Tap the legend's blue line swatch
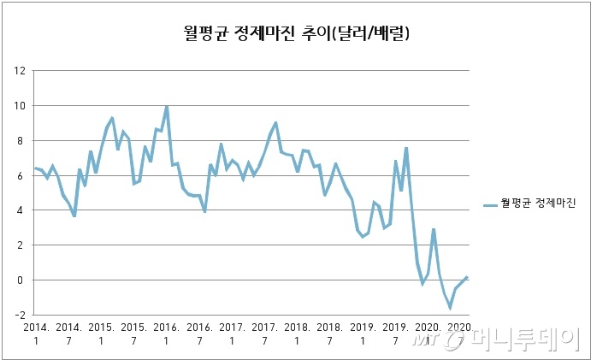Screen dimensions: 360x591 coord(491,204)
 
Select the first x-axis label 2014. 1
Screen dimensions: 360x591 coord(35,333)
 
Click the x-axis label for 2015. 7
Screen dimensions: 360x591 coord(133,333)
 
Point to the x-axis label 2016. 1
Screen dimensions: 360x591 coord(166,333)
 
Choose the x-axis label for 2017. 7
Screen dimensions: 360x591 coord(264,333)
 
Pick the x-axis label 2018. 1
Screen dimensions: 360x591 coord(297,333)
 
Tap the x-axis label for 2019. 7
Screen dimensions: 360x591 coord(394,333)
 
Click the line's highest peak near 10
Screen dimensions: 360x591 coord(166,107)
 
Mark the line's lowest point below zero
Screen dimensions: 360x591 coord(450,307)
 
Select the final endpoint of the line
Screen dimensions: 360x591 coord(467,277)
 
